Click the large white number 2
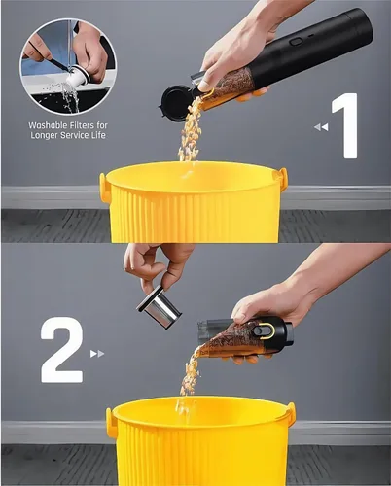[x=61, y=350]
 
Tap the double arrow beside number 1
[x=321, y=127]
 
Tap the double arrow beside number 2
[x=97, y=354]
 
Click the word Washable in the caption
[x=48, y=125]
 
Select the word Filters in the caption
[x=83, y=125]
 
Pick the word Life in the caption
[x=99, y=135]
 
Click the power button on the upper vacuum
[x=296, y=42]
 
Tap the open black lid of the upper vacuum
[x=174, y=103]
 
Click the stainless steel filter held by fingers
[x=159, y=307]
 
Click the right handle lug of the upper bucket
[x=282, y=179]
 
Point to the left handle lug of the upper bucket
[x=103, y=188]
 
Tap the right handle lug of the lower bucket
[x=291, y=414]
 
